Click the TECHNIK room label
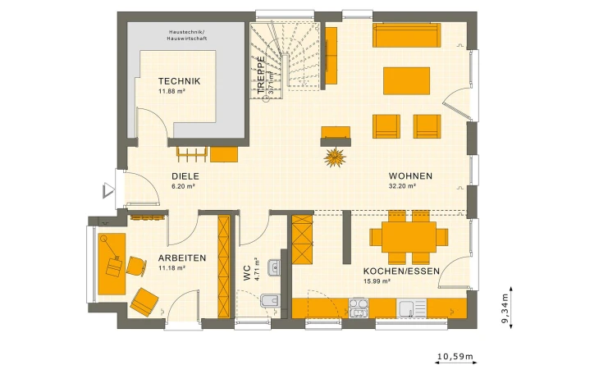pyautogui.click(x=179, y=81)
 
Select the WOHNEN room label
pyautogui.click(x=410, y=176)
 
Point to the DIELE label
pyautogui.click(x=185, y=176)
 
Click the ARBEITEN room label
pyautogui.click(x=181, y=258)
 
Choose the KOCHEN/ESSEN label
pyautogui.click(x=401, y=271)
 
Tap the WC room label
pyautogui.click(x=246, y=273)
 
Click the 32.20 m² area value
pyautogui.click(x=402, y=186)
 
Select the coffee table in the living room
pyautogui.click(x=406, y=80)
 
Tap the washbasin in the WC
pyautogui.click(x=275, y=265)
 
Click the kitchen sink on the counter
pyautogui.click(x=409, y=308)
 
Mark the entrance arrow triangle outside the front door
pyautogui.click(x=107, y=191)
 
